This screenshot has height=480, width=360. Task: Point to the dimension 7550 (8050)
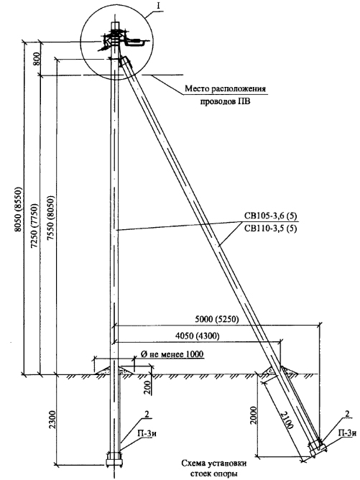pos(51,217)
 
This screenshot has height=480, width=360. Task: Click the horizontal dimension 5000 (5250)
pos(217,319)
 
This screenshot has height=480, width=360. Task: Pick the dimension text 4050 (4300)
pos(198,336)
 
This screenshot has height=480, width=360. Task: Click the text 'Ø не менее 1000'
pos(172,354)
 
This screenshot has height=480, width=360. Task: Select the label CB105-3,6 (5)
pos(270,216)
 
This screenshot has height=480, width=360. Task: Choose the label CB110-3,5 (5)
pos(270,229)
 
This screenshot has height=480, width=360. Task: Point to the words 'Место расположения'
pos(225,89)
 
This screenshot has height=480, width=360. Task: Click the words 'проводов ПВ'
pos(225,101)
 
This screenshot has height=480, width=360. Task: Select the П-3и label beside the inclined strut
pos(347,433)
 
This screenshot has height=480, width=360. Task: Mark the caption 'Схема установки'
pos(213,463)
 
